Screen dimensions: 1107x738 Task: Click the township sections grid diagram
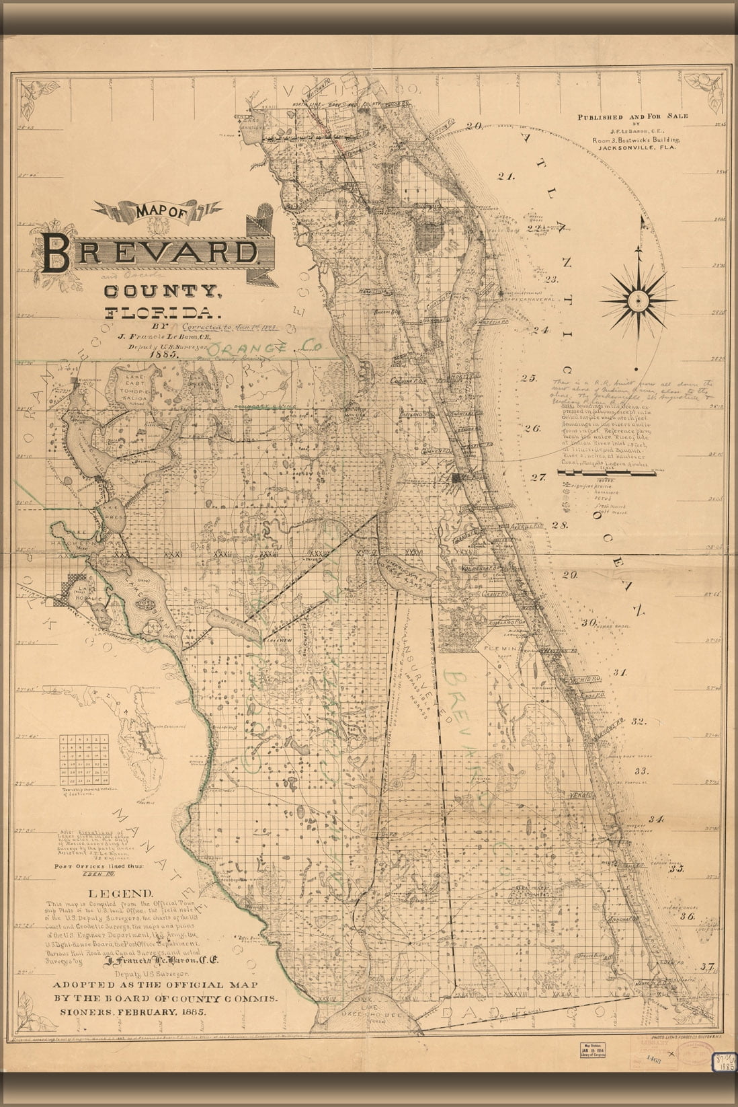[84, 759]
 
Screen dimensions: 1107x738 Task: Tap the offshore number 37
[706, 967]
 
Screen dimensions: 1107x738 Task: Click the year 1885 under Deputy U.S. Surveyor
[164, 354]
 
